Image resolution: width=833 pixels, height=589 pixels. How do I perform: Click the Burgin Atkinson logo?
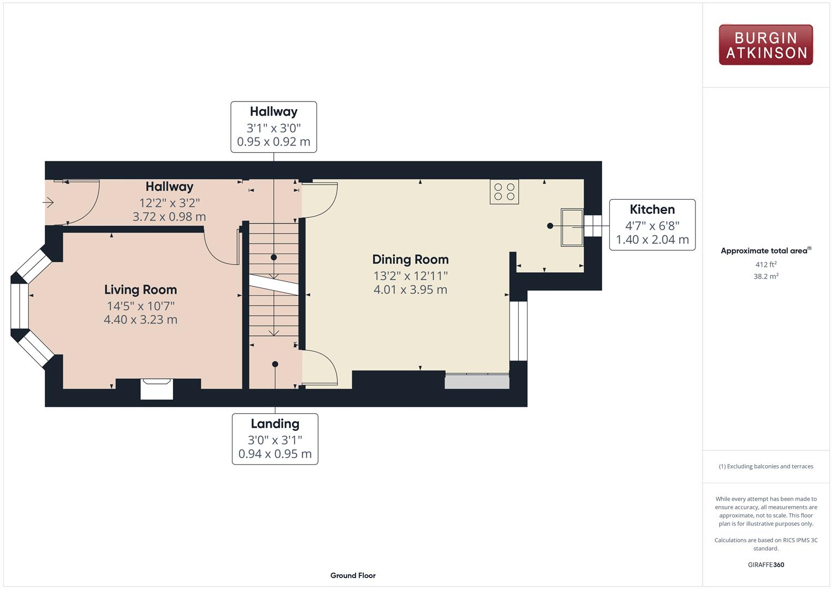click(765, 45)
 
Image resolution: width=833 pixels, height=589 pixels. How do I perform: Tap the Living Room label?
click(140, 290)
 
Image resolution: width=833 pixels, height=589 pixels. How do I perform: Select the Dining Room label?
click(410, 260)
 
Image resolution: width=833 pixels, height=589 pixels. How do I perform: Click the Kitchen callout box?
click(652, 225)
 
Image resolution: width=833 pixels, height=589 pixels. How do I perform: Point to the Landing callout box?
click(275, 438)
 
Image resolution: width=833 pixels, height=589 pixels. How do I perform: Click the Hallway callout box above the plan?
click(273, 127)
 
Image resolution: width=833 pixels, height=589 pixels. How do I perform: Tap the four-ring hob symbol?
click(504, 191)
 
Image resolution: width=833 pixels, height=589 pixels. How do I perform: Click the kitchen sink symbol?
click(572, 227)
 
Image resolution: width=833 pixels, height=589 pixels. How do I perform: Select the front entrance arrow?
click(49, 203)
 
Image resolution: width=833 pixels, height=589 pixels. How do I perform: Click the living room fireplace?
click(157, 389)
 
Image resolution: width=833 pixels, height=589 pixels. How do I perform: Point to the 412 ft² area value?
click(765, 265)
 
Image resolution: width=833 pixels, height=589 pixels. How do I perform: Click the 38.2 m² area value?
click(765, 277)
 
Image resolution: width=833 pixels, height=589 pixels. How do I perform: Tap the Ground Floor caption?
click(352, 575)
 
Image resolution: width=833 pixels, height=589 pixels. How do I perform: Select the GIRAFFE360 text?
click(765, 564)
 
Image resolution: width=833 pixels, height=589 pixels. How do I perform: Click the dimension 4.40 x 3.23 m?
click(140, 320)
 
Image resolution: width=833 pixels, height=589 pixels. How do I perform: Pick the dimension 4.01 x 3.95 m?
click(410, 290)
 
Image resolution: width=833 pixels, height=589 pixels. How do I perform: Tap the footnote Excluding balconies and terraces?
click(765, 466)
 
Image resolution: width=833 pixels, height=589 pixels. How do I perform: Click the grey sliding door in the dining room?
click(477, 381)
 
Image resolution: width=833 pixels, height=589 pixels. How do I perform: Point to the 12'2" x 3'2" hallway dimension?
click(169, 203)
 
